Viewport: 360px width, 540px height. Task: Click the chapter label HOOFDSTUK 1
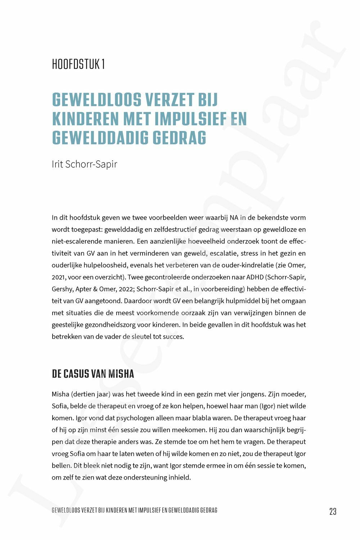78,64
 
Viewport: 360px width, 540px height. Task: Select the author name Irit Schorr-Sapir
84,164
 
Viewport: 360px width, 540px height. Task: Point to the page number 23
333,511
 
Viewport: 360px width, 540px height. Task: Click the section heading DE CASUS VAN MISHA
93,374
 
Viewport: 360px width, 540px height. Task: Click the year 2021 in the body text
58,277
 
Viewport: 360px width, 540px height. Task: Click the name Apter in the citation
84,289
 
